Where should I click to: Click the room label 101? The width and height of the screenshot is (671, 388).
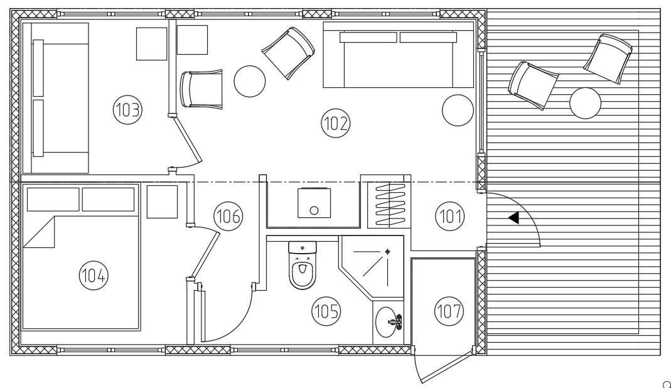coord(450,216)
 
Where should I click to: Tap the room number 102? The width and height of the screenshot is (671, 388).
coord(335,123)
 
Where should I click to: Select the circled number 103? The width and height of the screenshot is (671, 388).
coord(127,110)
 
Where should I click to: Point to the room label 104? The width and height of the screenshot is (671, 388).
coord(94,275)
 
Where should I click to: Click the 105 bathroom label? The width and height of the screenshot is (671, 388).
coord(326,311)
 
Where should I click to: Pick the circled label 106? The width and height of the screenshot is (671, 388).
coord(228,216)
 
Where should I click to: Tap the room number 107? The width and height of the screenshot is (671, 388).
coord(449,311)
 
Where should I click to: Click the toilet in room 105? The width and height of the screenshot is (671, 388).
coord(303,265)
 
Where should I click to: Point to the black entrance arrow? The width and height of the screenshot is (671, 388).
coord(513,218)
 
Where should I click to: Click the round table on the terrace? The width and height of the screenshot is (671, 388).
coord(586,103)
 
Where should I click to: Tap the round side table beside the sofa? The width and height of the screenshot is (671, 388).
coord(458,110)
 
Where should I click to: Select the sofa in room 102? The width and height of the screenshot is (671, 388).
coord(399,55)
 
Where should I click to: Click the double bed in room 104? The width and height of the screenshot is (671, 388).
coord(80,257)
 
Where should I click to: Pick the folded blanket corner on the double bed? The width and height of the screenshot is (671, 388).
coord(39,232)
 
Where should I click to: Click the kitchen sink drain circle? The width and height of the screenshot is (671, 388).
coord(314,210)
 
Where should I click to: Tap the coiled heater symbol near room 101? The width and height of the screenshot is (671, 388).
coord(390,205)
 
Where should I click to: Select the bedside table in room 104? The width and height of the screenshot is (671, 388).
coord(162,202)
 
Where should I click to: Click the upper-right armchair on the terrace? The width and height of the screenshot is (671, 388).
coord(608,58)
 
